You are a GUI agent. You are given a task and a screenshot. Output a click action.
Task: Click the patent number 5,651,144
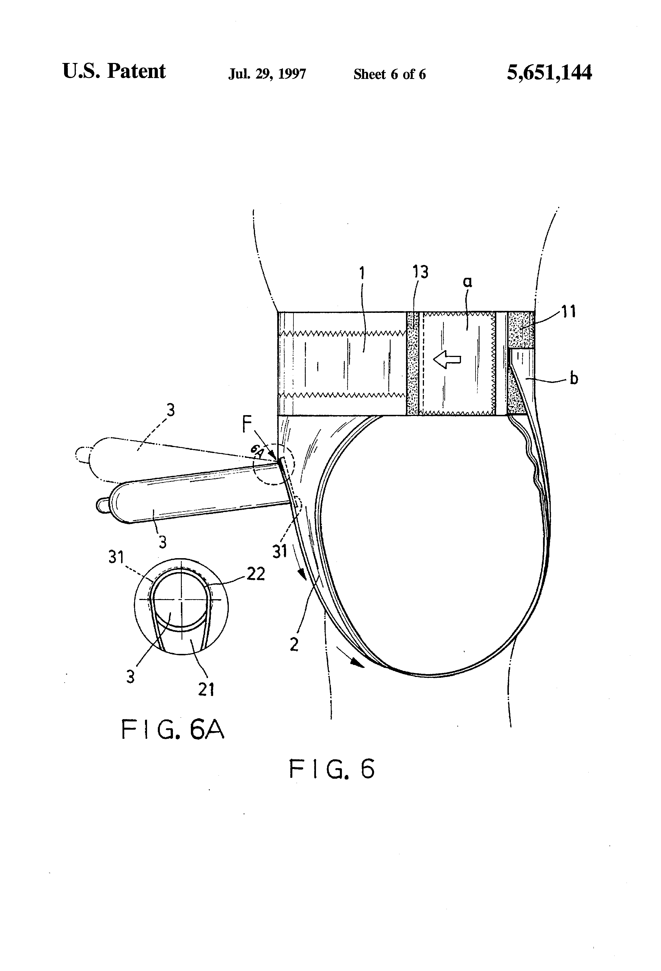tap(549, 73)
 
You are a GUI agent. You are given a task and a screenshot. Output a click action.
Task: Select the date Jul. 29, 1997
tap(267, 74)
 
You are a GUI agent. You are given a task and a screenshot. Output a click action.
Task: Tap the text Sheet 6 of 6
tap(389, 74)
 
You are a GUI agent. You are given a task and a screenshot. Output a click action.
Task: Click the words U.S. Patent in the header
tap(114, 71)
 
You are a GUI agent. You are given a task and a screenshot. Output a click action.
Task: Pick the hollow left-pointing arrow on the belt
tap(447, 359)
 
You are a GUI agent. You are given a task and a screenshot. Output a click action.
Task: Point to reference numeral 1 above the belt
tap(362, 274)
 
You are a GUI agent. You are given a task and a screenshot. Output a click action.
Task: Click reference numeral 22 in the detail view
tap(256, 574)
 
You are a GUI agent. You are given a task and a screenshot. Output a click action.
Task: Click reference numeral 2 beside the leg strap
tap(294, 645)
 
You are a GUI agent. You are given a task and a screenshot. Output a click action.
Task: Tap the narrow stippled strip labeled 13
tap(412, 364)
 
